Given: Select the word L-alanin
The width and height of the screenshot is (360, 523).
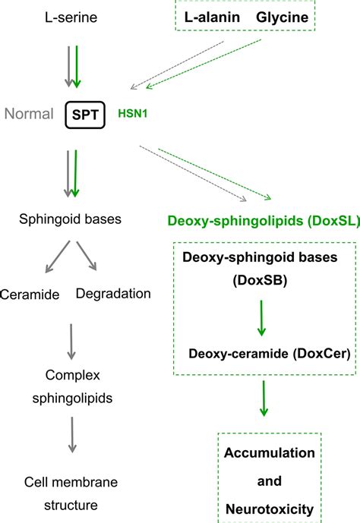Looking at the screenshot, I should coord(212,16).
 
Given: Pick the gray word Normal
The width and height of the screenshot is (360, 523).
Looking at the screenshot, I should coord(29,115).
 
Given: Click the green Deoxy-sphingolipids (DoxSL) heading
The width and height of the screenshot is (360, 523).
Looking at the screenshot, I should coord(264,222).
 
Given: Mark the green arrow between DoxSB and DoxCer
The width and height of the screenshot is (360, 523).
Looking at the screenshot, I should coord(262,317).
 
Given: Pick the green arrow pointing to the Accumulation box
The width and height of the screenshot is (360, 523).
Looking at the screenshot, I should coord(263,398).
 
